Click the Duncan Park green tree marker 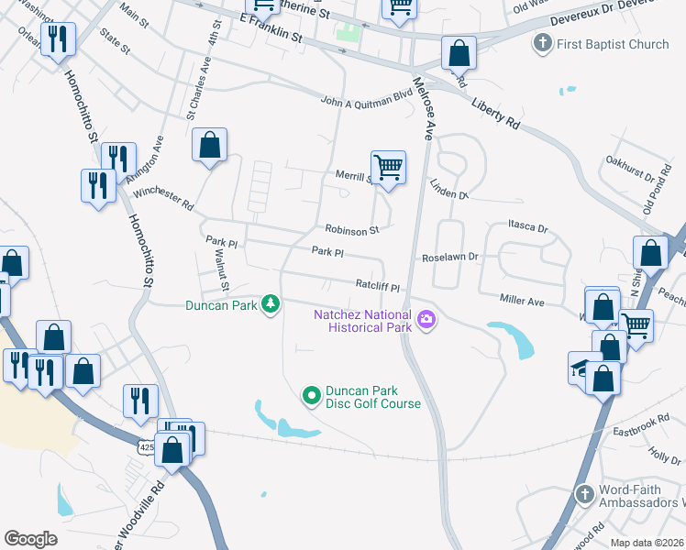coord(270,302)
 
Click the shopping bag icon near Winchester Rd coord(210,145)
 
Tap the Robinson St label coord(351,230)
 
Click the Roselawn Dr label coord(450,258)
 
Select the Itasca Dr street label coord(527,226)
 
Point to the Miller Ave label coord(522,301)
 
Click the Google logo coord(30,538)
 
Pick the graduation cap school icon coord(581,366)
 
